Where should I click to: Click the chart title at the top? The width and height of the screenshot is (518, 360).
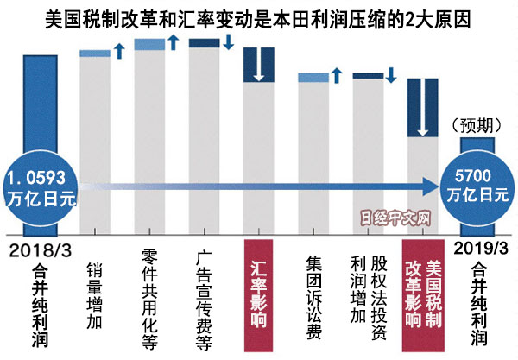(259, 16)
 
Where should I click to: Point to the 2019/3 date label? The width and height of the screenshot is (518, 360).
(477, 249)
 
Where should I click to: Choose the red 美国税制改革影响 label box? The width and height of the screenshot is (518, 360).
(424, 294)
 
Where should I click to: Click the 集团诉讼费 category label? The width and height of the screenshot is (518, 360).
(314, 294)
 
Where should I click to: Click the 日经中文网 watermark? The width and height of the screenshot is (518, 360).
(395, 221)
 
